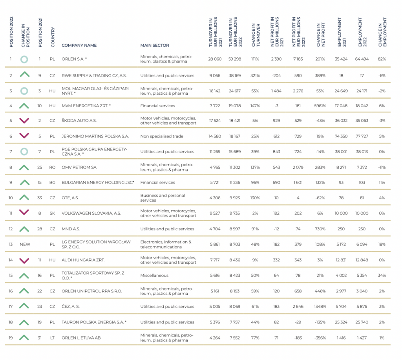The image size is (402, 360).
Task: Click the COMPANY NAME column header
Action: coord(79,46)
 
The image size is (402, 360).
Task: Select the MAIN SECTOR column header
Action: coord(155,46)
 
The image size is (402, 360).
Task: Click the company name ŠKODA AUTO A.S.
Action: coord(79,121)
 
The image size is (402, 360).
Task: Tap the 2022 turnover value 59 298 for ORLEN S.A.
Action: coord(235,59)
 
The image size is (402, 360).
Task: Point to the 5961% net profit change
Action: coord(320,106)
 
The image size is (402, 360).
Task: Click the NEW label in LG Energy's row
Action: coord(25,244)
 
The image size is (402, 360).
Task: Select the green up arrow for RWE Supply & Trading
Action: coord(25,74)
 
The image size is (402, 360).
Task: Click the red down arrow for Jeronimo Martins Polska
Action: coord(24,136)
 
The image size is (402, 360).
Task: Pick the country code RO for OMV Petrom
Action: coord(52,167)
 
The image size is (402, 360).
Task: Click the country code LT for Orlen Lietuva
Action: coord(52,338)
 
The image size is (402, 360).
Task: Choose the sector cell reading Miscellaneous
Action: coord(154,276)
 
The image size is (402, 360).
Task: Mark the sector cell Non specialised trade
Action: coord(162,136)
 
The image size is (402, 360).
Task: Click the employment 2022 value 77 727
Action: coord(362,136)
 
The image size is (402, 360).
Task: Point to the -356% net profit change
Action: coord(320,338)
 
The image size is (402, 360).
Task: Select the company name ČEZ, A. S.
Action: coord(71,307)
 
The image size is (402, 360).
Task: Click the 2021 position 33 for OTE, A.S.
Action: coord(40,198)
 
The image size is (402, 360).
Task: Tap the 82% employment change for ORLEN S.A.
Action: coord(382,59)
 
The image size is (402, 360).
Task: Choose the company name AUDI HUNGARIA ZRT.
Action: coord(83,260)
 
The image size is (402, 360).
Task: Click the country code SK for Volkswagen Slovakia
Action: coord(52,213)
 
